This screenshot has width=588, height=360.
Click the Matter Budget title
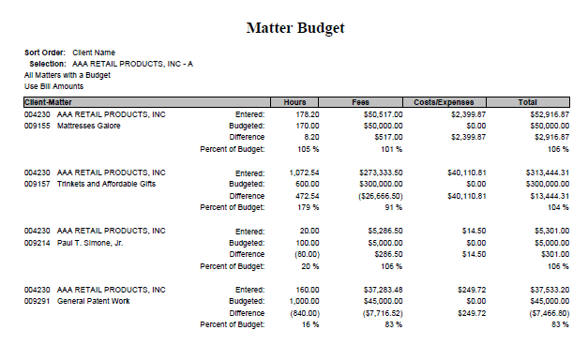(294, 27)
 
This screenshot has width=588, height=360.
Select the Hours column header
(294, 101)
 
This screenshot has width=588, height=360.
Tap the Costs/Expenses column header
(444, 101)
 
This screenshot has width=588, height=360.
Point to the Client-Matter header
(50, 101)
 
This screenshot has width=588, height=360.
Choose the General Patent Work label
(94, 301)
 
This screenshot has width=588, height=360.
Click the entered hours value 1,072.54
(301, 172)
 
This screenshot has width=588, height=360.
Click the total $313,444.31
(547, 172)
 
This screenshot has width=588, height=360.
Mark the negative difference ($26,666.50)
(380, 196)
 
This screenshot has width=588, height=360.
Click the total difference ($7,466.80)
(547, 313)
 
